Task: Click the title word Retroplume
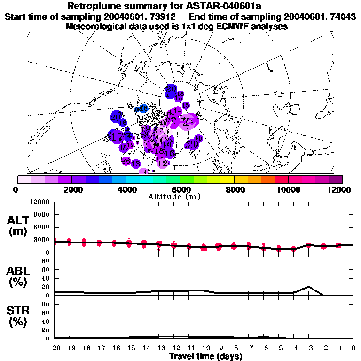[97, 6]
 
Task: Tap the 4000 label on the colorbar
[126, 189]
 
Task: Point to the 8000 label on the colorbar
[234, 189]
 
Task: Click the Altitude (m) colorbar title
[180, 196]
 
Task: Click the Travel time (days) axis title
[205, 357]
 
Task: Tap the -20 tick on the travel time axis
[55, 348]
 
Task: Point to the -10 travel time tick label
[204, 348]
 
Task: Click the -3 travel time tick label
[308, 348]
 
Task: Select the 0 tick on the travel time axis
[353, 348]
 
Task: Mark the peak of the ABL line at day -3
[308, 286]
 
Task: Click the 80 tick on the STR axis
[46, 304]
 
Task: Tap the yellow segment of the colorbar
[228, 180]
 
